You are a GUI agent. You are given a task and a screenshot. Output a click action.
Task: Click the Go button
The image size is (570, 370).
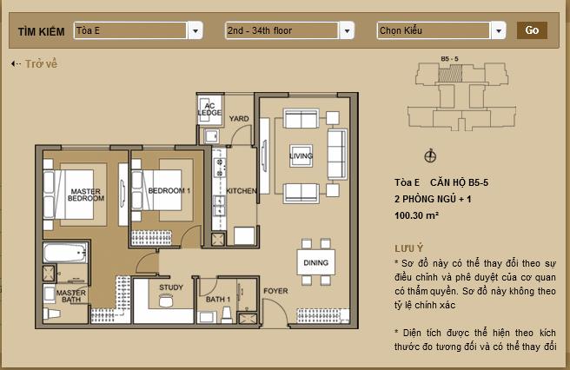[532, 30]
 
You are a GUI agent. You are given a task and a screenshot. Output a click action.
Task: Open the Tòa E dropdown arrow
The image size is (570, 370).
[196, 31]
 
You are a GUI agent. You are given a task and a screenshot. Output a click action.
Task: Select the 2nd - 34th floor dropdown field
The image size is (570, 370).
[282, 31]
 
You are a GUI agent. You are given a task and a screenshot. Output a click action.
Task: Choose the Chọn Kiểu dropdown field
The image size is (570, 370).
[434, 31]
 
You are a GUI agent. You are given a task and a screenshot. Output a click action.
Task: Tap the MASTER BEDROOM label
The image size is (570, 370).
[87, 195]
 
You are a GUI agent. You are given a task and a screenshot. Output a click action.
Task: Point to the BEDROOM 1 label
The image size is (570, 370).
[169, 190]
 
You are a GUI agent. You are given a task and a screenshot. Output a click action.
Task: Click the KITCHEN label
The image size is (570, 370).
[241, 190]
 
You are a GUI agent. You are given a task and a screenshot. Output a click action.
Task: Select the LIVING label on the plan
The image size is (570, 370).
[301, 156]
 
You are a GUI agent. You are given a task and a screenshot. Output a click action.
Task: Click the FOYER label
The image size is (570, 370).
[275, 291]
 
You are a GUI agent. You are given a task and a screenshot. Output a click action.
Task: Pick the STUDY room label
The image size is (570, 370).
[170, 287]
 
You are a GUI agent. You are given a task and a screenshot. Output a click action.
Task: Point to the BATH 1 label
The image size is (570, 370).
[218, 299]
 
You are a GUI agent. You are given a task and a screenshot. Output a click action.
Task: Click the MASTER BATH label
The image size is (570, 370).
[70, 297]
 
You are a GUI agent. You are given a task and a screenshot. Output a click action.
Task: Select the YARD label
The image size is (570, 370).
[239, 118]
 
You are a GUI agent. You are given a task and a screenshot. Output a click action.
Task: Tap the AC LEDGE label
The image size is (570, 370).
[209, 109]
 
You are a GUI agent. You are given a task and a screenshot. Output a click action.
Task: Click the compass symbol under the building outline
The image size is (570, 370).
[429, 155]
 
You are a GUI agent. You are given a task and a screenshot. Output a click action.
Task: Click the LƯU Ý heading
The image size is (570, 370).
[408, 248]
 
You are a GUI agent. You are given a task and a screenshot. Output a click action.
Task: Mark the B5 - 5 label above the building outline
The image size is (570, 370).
[450, 58]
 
